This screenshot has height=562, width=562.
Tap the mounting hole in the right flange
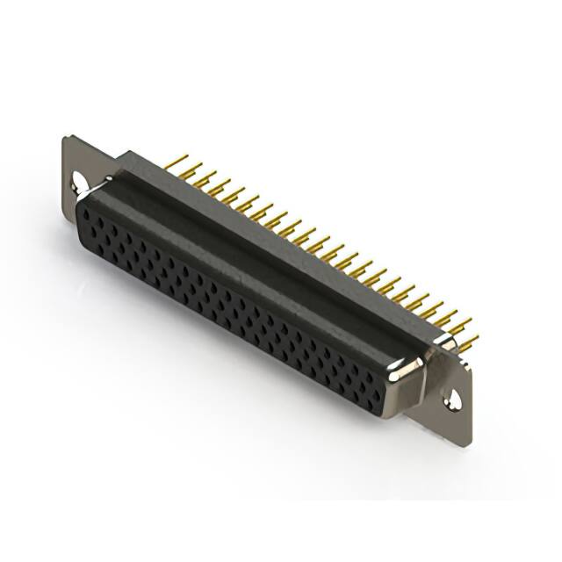[x=453, y=400]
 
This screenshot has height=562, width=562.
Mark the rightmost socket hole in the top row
[x=387, y=374]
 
